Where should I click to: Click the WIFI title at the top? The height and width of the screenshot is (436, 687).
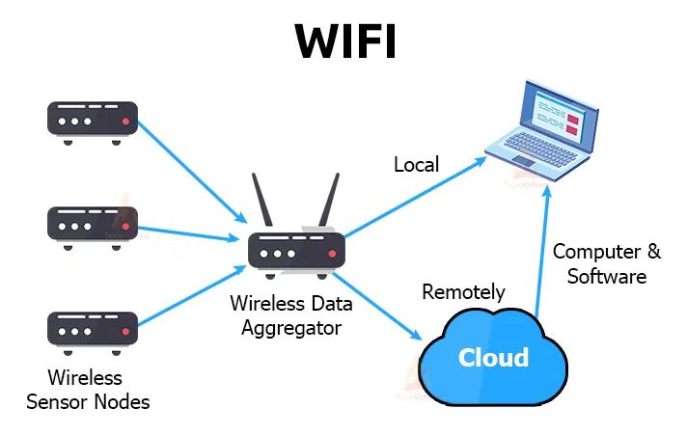343,41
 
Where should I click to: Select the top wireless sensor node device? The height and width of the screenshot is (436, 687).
93,120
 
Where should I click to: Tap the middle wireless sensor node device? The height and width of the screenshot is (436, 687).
93,224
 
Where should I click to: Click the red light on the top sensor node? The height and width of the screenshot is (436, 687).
126,123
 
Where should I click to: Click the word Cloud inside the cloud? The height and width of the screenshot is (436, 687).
493,358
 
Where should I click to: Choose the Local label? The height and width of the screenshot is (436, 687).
416,165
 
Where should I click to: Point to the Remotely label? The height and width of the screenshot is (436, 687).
463,291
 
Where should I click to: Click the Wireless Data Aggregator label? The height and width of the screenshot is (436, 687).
290,315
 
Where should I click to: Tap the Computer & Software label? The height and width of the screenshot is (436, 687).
606,263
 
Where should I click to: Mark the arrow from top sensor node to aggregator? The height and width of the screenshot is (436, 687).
189,170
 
